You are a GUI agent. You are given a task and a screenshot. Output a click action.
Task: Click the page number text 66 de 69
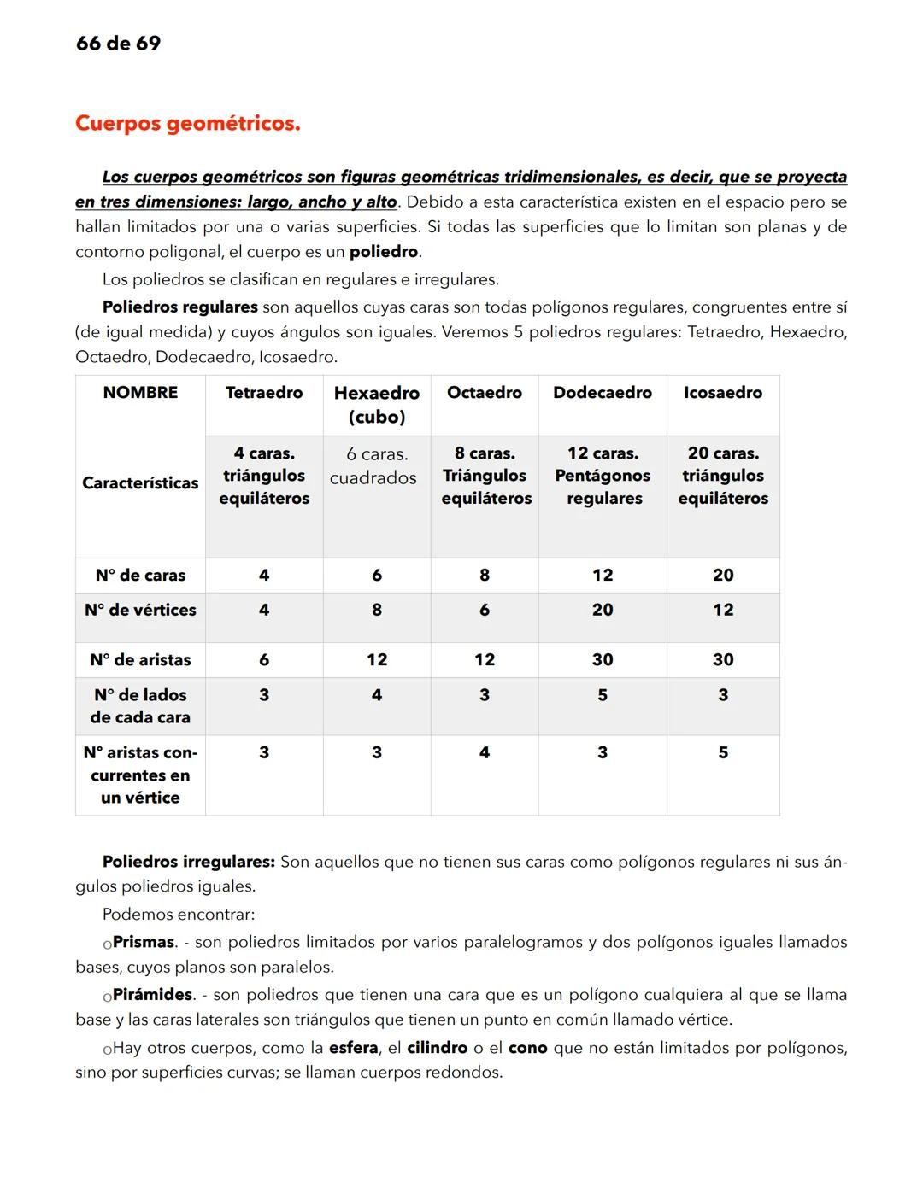coord(118,44)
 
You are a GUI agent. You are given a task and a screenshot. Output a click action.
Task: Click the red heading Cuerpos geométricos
coord(188,124)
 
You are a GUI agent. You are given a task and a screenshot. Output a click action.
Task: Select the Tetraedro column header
coord(264,393)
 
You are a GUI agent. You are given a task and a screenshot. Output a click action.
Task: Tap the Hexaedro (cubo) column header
coord(377,405)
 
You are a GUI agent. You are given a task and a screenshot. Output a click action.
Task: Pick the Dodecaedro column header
coord(603,393)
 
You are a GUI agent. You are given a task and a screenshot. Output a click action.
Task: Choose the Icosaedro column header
coord(723,393)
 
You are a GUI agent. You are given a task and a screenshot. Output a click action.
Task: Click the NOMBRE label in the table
coord(140,393)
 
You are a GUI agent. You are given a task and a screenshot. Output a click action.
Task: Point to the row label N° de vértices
coord(140,610)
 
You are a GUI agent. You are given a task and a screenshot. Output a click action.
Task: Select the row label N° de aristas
coord(140,659)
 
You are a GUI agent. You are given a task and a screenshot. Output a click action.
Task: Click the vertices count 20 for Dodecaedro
coord(603,610)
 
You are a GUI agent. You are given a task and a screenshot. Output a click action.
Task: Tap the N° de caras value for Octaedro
coord(485,576)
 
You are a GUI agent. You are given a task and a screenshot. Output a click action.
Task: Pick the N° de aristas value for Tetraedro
coord(264,659)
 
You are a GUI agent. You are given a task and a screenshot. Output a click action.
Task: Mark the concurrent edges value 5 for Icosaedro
coord(723,752)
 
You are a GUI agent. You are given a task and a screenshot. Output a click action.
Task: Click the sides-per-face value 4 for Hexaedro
coord(377,695)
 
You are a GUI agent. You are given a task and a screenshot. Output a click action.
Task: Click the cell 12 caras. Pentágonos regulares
coord(603,476)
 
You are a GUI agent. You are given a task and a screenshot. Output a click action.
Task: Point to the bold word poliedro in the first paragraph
coord(384,252)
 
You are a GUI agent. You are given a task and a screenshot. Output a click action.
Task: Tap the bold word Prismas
coord(144,942)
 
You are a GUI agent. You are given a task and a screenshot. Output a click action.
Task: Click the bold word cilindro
coord(437,1048)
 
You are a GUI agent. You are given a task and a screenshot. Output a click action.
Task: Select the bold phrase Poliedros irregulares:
coord(188,862)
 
